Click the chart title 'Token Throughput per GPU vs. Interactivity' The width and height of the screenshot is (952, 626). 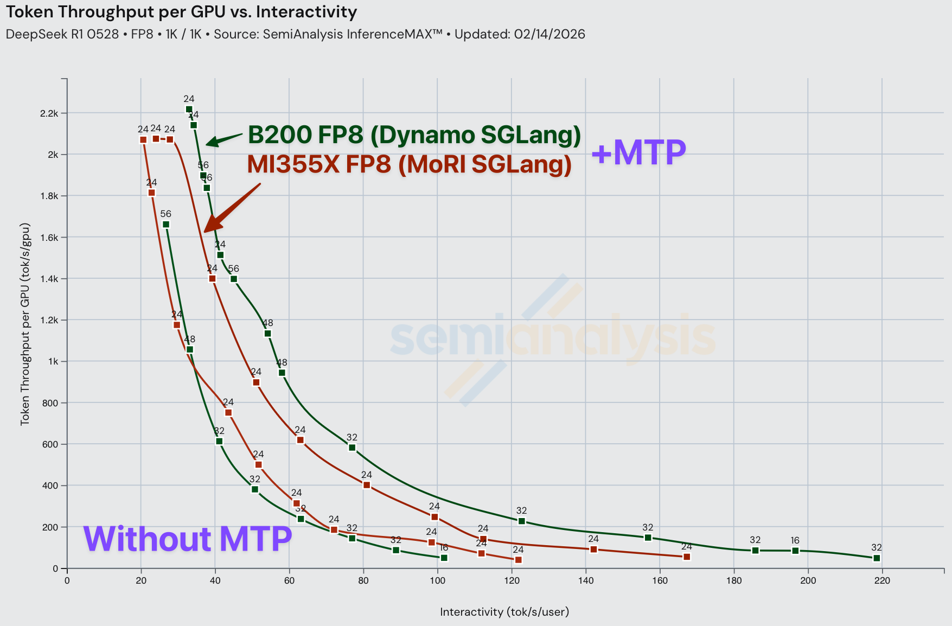[181, 12]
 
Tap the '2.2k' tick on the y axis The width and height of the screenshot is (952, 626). [49, 113]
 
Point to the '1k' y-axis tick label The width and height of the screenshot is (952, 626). [53, 362]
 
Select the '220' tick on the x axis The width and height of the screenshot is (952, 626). [881, 581]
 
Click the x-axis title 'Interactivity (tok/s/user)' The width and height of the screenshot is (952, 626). [504, 612]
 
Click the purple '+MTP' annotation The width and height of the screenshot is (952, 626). [638, 152]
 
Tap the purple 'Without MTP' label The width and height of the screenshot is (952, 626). [187, 539]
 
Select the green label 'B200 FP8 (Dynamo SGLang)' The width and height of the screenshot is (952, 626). [414, 135]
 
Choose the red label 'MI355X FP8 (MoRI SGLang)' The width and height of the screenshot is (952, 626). [409, 164]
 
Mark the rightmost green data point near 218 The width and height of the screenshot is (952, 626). [877, 558]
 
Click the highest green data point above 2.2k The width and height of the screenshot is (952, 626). [189, 110]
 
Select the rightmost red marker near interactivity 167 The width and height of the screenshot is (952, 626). [687, 557]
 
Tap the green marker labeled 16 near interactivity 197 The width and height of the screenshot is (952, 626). [795, 551]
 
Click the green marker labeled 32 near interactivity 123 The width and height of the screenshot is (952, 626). [522, 521]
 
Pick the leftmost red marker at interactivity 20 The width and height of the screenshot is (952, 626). [143, 140]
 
